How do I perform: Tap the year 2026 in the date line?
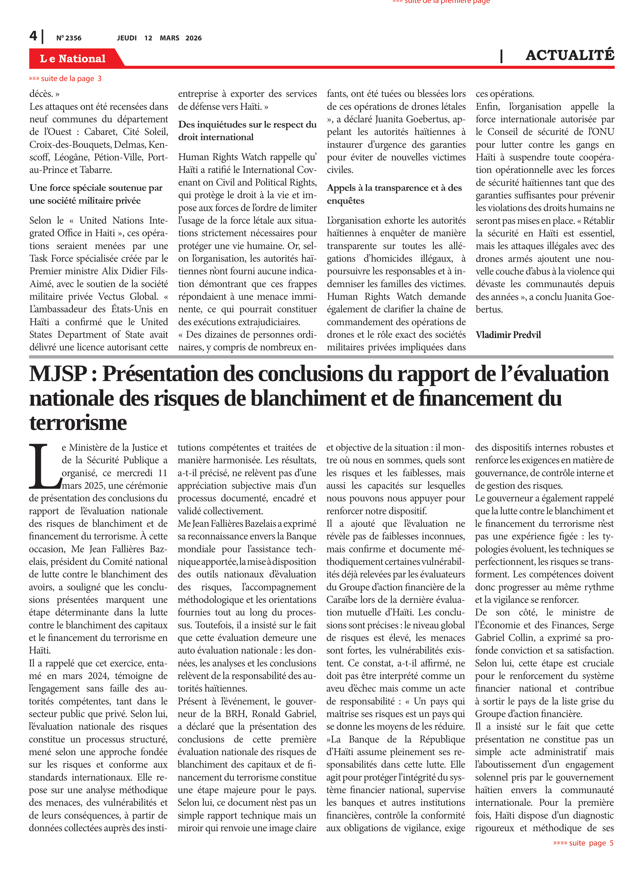pos(193,38)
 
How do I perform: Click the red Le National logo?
pos(73,59)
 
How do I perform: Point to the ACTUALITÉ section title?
pos(570,55)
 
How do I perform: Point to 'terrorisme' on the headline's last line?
pos(78,423)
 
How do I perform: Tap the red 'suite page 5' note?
pos(583,843)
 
